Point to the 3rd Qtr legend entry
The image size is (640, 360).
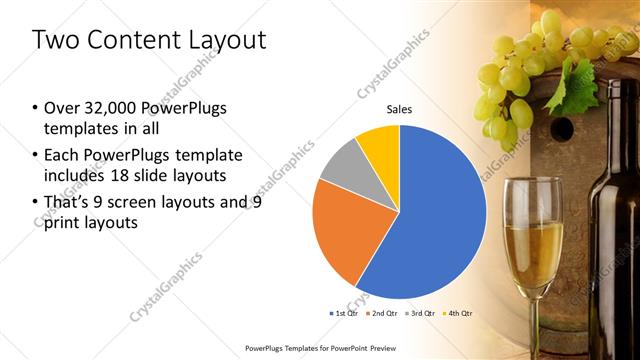coord(420,313)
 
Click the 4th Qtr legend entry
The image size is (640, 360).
coord(459,313)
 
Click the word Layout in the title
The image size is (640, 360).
coord(221,40)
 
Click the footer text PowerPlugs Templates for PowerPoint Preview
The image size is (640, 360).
coord(319,348)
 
